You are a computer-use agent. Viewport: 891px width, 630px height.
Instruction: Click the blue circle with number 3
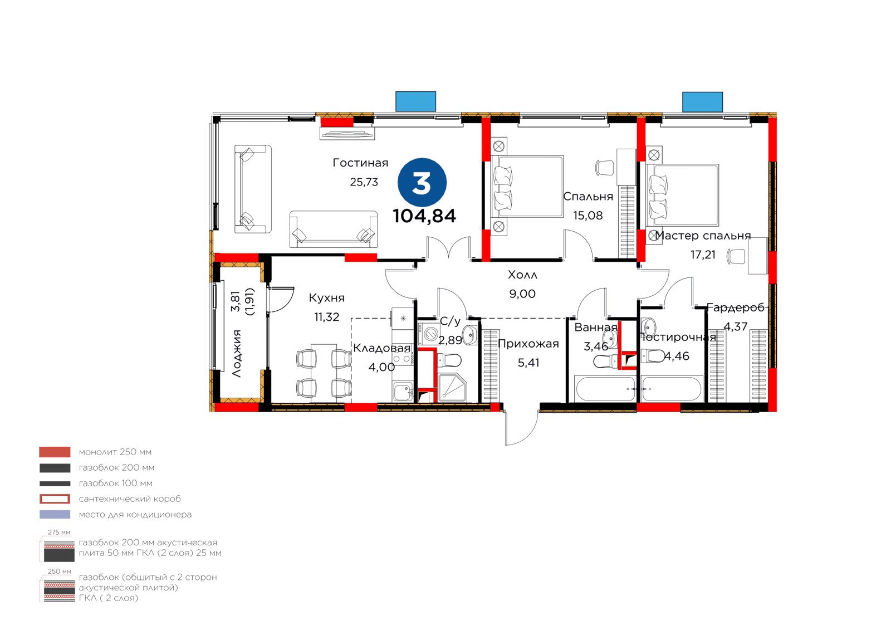coord(422,183)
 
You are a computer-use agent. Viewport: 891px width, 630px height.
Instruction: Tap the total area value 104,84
coord(424,216)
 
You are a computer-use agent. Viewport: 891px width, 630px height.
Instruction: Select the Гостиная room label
coord(360,163)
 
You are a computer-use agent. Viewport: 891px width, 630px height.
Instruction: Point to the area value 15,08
coord(588,216)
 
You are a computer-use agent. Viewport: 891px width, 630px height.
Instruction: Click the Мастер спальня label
coord(703,236)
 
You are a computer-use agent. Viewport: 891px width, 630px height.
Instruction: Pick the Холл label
coord(522,275)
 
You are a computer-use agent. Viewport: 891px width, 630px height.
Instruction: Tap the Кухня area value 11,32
coord(326,317)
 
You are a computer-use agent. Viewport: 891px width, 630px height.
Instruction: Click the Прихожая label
coord(528,344)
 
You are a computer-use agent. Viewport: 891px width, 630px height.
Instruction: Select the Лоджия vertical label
coord(237,353)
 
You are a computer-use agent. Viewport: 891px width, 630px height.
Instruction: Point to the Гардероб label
coord(736,307)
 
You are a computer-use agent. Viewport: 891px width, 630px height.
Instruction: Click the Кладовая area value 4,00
coord(381,367)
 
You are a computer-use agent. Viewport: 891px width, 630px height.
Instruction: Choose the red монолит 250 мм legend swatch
coord(55,452)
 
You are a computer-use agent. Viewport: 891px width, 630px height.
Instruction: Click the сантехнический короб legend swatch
coord(55,499)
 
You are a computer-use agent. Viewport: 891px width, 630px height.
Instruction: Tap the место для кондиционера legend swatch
coord(55,515)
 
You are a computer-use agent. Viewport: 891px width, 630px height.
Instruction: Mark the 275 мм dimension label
coord(59,533)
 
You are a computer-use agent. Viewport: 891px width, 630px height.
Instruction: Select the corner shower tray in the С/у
coord(453,388)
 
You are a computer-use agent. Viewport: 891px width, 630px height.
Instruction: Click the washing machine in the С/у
coord(429,333)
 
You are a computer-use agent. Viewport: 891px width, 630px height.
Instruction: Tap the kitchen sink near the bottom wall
coord(403,392)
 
